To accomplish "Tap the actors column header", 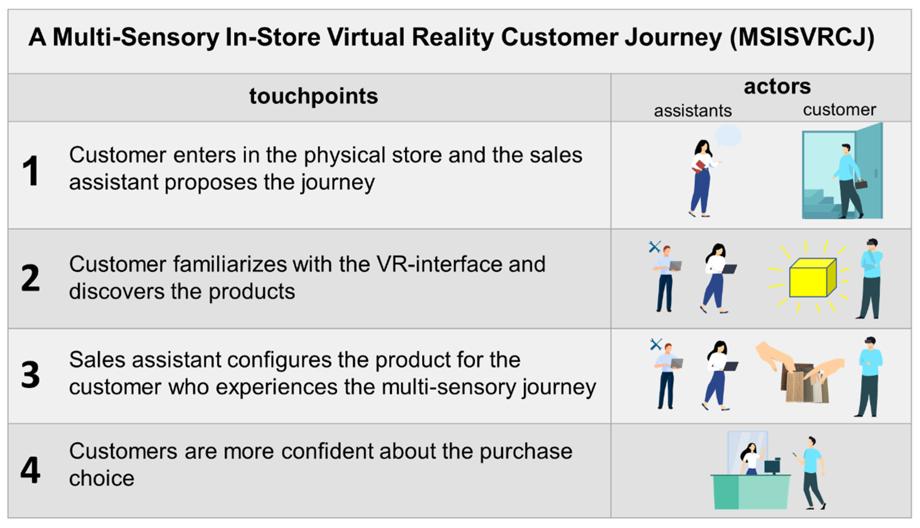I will click(x=777, y=87).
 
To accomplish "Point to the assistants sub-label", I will click(x=693, y=110).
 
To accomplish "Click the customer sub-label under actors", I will click(x=839, y=110).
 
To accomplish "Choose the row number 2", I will click(x=31, y=278).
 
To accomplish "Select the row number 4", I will click(x=31, y=470).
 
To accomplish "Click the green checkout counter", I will click(x=751, y=491).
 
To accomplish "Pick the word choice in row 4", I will click(x=102, y=478).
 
